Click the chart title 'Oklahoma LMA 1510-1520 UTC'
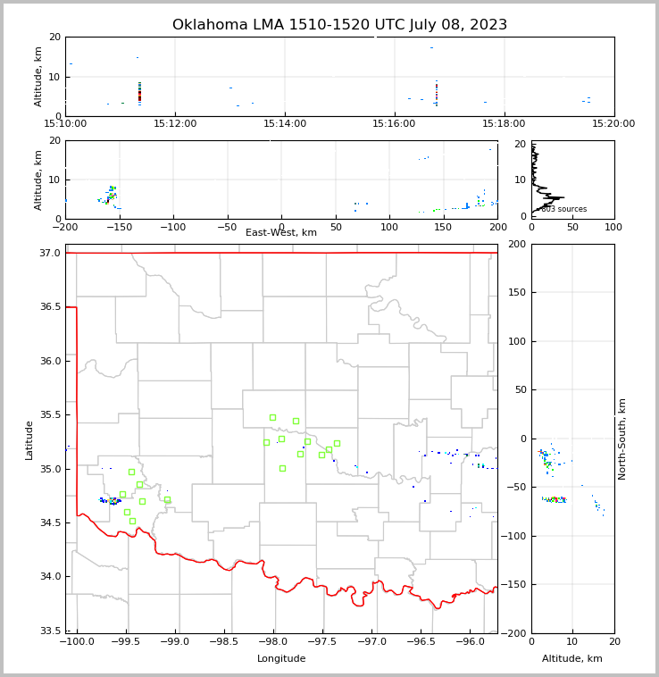click(x=339, y=25)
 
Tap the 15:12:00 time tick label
click(x=175, y=124)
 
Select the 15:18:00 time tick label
click(x=505, y=124)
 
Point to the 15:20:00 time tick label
click(x=613, y=124)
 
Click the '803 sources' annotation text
click(x=563, y=209)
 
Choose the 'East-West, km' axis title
click(x=281, y=233)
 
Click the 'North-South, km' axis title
click(x=622, y=439)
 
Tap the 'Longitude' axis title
click(x=281, y=659)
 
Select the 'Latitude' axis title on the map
click(x=29, y=439)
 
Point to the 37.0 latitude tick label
click(x=50, y=254)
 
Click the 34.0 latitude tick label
click(x=50, y=577)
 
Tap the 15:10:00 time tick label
click(x=65, y=124)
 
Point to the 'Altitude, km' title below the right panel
click(x=572, y=659)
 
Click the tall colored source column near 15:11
click(x=139, y=91)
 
